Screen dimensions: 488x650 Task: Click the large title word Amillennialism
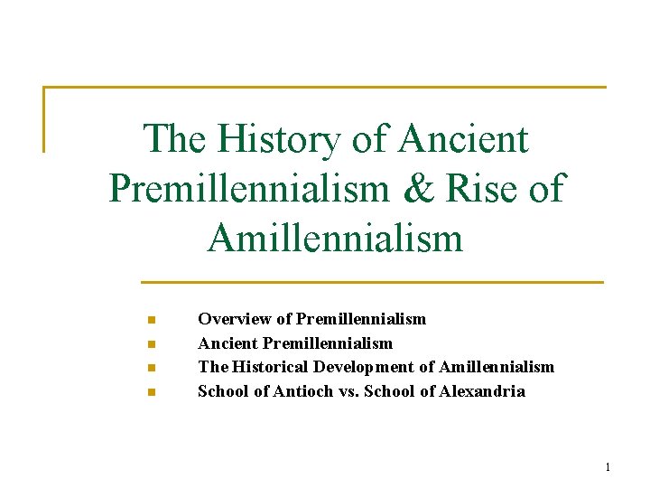tap(334, 237)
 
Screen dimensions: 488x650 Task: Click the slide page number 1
tap(608, 466)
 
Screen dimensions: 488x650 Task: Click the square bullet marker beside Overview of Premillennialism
tap(152, 320)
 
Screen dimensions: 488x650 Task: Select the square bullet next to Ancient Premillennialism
tap(152, 344)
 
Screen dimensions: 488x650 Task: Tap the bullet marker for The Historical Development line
tap(152, 368)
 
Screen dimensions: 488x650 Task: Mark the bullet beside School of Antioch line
tap(152, 392)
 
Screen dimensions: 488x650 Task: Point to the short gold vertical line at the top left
tap(44, 118)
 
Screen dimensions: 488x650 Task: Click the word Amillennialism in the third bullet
tap(496, 367)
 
